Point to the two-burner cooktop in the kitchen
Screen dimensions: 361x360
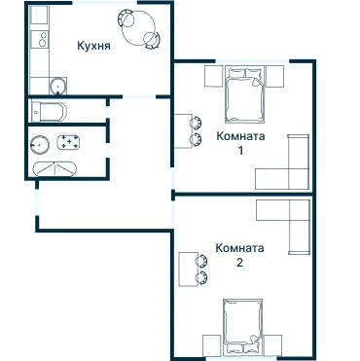tap(41, 40)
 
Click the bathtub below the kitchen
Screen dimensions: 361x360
tap(49, 109)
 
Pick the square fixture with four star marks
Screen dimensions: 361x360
tap(71, 143)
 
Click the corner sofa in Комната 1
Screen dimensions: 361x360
tap(288, 165)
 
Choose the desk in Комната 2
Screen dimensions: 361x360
tap(186, 268)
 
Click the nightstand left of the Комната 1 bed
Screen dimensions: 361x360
tap(212, 76)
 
